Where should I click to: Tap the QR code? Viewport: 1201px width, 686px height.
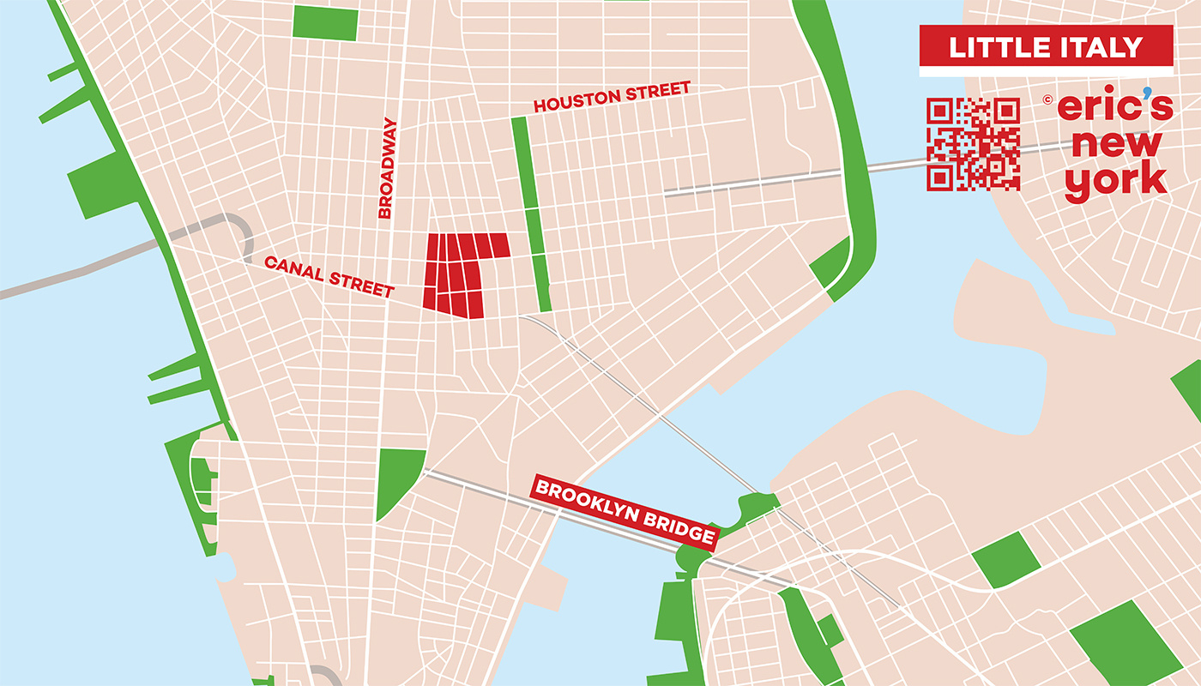coord(973,144)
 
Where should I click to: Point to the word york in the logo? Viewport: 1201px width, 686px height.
coord(1115,181)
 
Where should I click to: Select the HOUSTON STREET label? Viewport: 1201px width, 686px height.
coord(612,97)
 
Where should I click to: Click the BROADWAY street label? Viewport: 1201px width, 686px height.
coord(387,168)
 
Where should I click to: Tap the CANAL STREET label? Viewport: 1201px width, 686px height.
coord(329,276)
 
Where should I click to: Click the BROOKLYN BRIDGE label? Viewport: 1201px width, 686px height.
coord(625,512)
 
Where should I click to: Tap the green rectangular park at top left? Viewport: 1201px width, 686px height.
coord(325,23)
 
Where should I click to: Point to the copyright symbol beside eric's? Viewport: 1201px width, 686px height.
coord(1047,99)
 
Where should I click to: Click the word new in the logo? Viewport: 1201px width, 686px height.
coord(1115,143)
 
